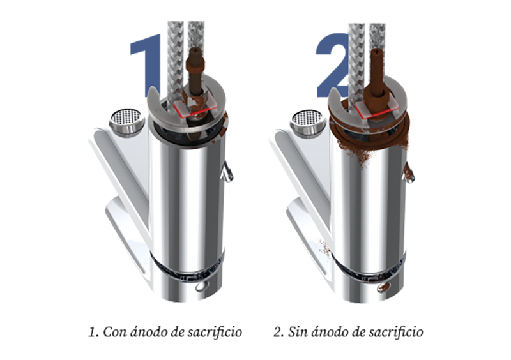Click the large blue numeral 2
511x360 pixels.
332,65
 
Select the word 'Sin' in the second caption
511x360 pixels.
298,332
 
